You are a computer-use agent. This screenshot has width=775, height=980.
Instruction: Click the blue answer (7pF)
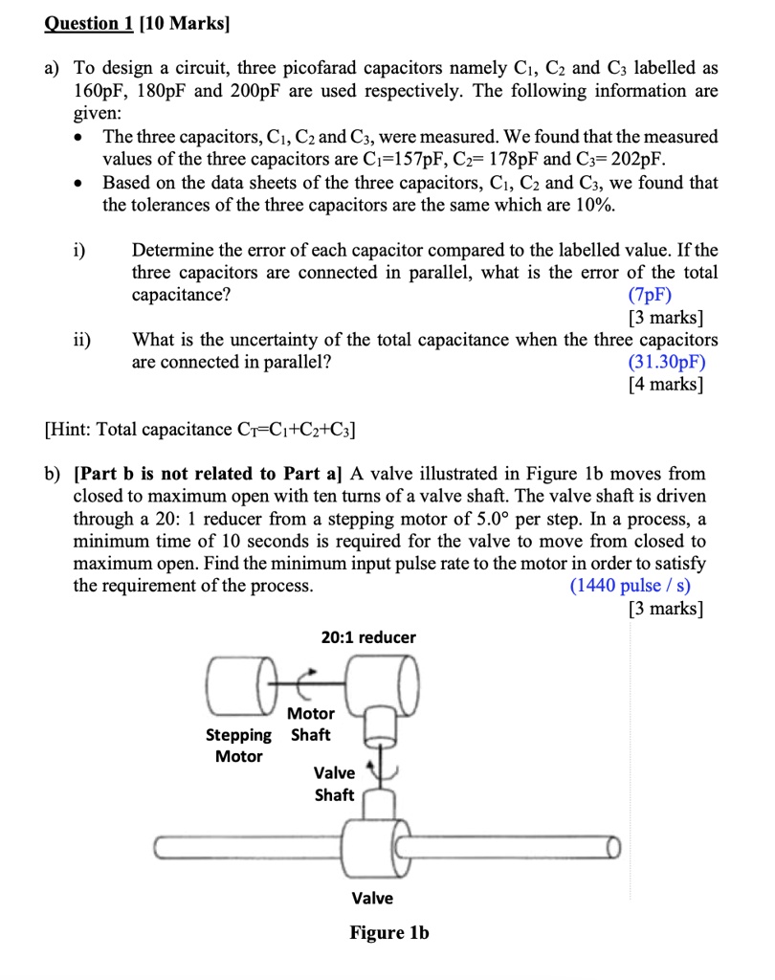tap(650, 295)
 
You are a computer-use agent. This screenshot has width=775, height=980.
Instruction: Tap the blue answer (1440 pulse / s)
tap(631, 586)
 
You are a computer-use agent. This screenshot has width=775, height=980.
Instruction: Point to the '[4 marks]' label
tap(666, 385)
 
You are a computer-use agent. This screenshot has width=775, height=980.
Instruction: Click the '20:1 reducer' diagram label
tap(369, 637)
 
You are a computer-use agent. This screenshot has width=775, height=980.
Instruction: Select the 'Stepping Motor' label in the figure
tap(239, 746)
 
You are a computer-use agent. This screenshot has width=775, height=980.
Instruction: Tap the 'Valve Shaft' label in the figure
tap(335, 784)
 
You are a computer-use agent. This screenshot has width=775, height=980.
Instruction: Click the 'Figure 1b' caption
tap(389, 932)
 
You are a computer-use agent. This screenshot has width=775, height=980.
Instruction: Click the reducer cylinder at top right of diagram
tap(387, 684)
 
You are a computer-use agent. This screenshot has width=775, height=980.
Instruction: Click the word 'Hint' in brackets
tap(70, 430)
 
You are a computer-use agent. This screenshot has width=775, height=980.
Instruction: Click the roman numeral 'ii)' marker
tap(83, 339)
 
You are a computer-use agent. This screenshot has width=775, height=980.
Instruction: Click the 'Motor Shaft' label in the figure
tap(311, 724)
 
